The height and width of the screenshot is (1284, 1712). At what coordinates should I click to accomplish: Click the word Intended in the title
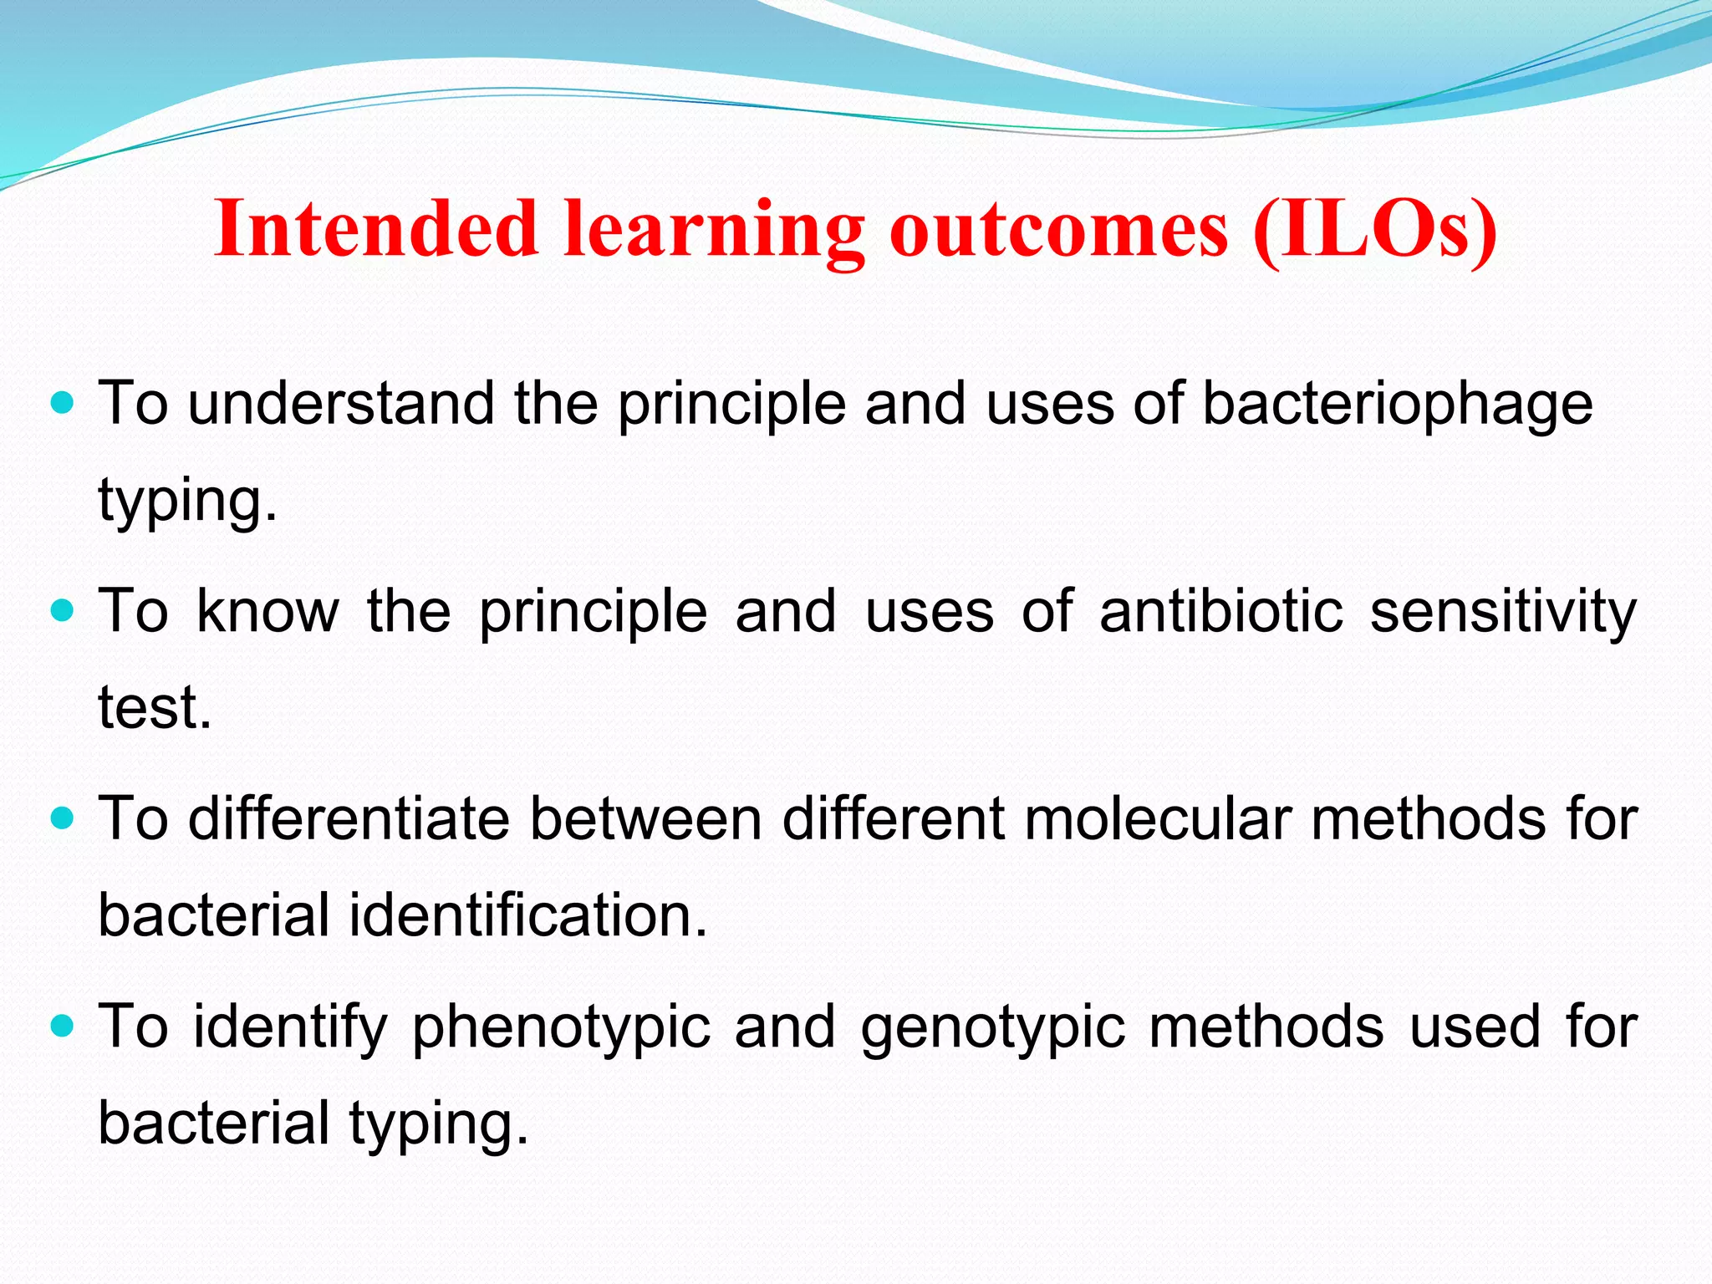tap(375, 229)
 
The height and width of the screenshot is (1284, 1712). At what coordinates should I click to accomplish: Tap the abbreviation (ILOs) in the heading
tap(1374, 229)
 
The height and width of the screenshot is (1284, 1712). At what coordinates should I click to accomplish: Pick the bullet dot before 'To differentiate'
tap(63, 818)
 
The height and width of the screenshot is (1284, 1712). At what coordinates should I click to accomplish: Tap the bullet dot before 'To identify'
tap(63, 1026)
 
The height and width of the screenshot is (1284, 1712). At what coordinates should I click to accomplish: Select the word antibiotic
tap(1221, 612)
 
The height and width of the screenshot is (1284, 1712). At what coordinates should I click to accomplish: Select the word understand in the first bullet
tap(341, 405)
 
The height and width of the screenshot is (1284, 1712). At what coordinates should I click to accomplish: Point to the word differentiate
tap(349, 818)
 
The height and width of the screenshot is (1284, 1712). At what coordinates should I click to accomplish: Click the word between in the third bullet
tap(645, 818)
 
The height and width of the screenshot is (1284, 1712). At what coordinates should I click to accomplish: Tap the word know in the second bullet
tap(267, 612)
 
